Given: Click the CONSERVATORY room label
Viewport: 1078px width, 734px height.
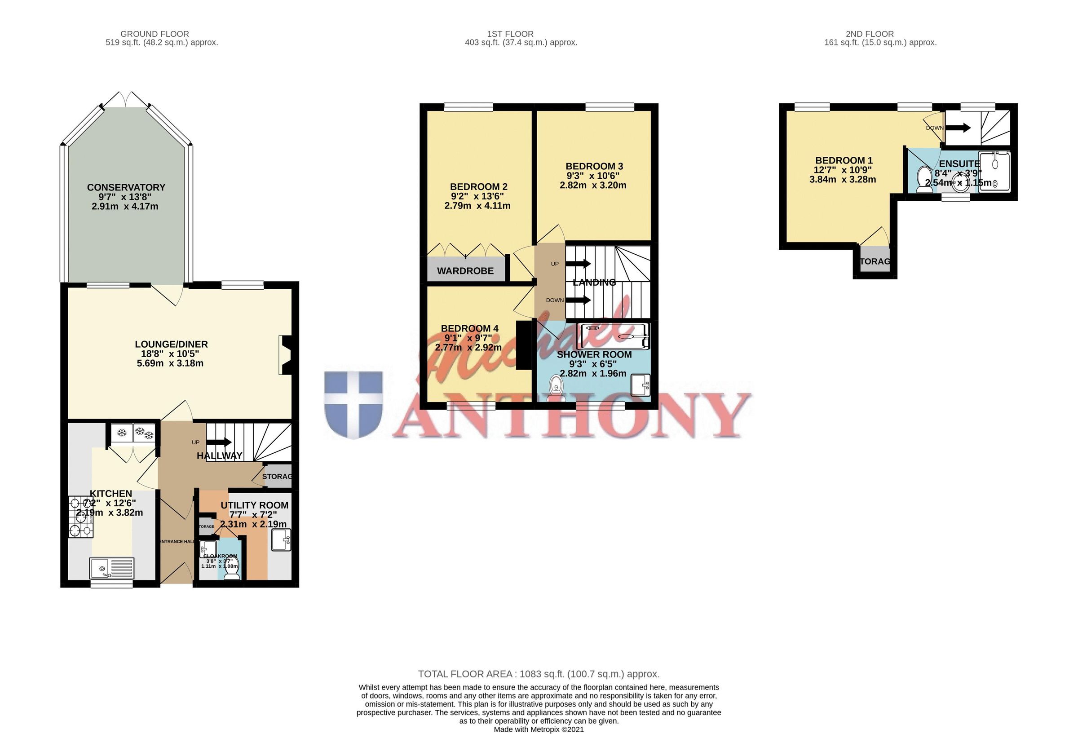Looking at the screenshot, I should (x=126, y=187).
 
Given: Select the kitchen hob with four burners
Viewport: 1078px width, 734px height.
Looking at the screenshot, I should (x=81, y=517).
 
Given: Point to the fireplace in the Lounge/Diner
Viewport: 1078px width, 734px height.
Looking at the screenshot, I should (x=285, y=355).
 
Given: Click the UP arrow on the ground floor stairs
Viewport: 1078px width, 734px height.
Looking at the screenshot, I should (x=219, y=442).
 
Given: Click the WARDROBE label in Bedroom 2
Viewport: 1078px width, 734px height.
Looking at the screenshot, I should (x=465, y=271).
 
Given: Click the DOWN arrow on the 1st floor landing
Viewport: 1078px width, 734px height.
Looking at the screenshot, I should (x=579, y=300).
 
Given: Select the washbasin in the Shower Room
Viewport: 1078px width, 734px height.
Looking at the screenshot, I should (x=641, y=385).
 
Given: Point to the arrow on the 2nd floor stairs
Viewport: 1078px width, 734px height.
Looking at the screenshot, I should (x=959, y=128).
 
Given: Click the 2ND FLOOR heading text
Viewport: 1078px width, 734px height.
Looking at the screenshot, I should (x=869, y=34).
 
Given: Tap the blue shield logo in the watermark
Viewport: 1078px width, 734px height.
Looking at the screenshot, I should (x=353, y=404).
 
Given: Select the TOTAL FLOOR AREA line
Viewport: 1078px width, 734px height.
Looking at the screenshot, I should (x=539, y=674).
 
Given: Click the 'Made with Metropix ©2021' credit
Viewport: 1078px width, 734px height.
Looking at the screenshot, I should (x=539, y=730).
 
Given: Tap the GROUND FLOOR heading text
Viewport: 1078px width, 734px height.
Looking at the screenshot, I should (x=155, y=34).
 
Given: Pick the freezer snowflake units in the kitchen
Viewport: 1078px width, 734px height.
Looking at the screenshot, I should (x=133, y=433).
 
